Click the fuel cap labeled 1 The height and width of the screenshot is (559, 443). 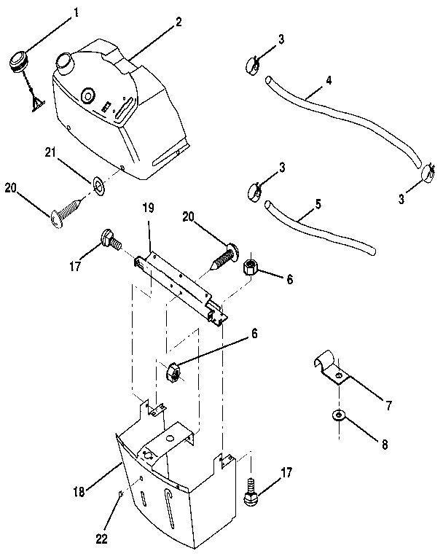[x=20, y=60]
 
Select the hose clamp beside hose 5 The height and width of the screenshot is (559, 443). [x=253, y=191]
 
